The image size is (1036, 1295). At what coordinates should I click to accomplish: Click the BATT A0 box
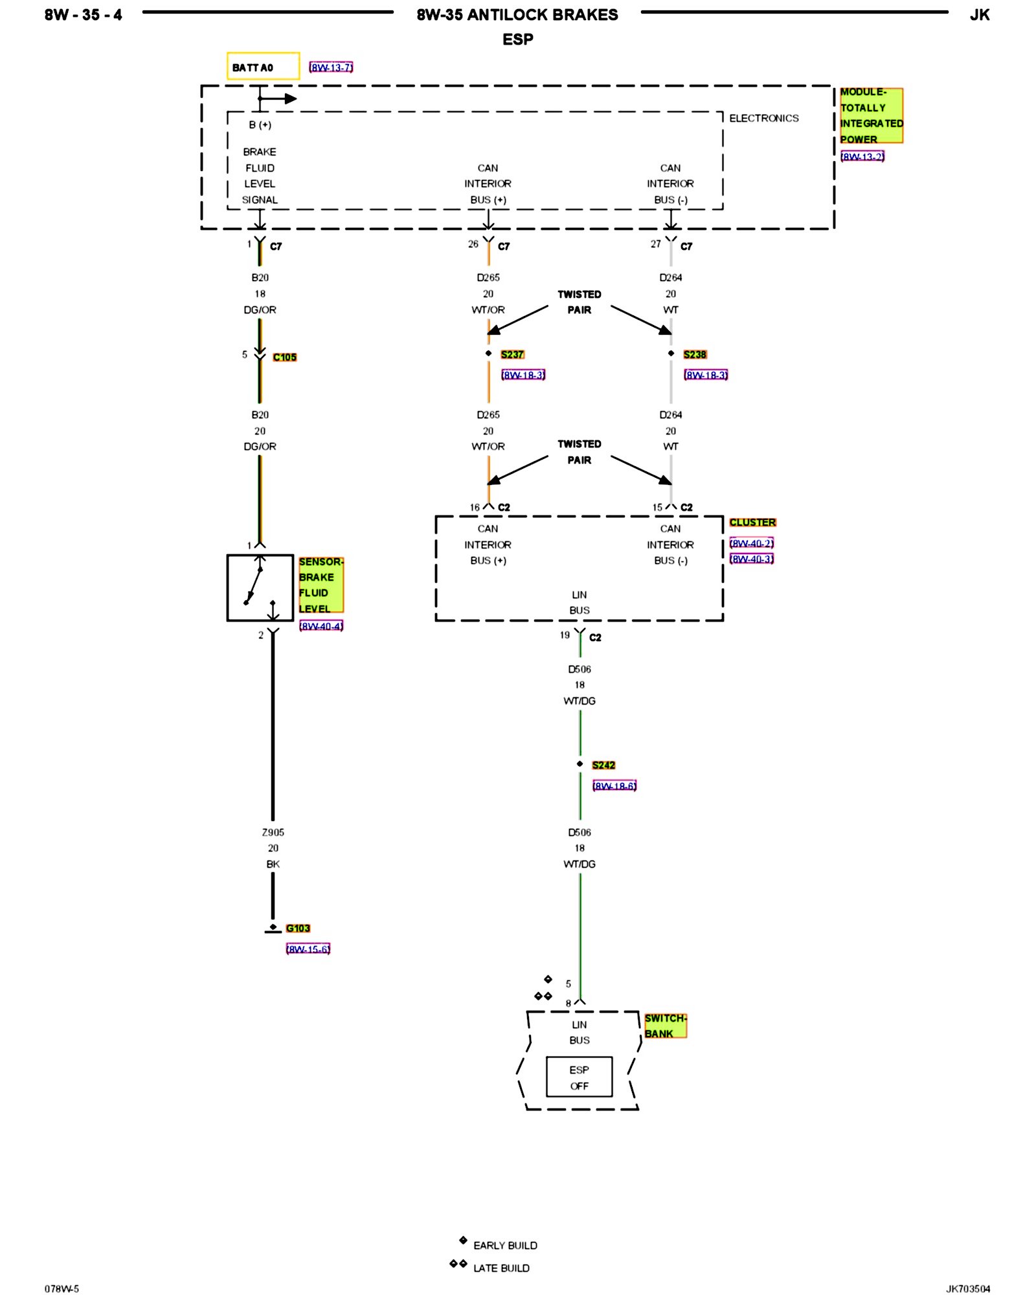pyautogui.click(x=263, y=67)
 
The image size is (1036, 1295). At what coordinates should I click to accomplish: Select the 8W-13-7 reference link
pyautogui.click(x=331, y=67)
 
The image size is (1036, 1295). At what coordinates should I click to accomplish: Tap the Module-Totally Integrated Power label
pyautogui.click(x=871, y=115)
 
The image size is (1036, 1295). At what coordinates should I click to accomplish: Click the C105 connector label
pyautogui.click(x=284, y=357)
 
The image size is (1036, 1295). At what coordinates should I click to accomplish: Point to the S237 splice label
pyautogui.click(x=512, y=354)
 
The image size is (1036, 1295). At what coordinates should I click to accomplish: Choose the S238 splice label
pyautogui.click(x=695, y=354)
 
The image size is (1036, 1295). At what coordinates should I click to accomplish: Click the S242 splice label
pyautogui.click(x=603, y=765)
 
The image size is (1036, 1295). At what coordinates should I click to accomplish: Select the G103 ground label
pyautogui.click(x=298, y=928)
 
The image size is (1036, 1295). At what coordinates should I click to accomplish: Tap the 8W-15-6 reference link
pyautogui.click(x=308, y=949)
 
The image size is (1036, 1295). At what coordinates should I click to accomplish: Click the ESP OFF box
pyautogui.click(x=579, y=1077)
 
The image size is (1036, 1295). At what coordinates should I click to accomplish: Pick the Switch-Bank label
pyautogui.click(x=665, y=1026)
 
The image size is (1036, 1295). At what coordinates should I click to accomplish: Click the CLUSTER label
pyautogui.click(x=752, y=523)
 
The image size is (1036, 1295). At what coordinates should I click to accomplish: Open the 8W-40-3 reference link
pyautogui.click(x=752, y=559)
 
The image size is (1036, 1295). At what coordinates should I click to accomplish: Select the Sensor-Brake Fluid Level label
pyautogui.click(x=321, y=585)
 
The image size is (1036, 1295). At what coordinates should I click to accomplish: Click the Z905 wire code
pyautogui.click(x=273, y=832)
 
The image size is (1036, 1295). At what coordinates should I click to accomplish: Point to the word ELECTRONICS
pyautogui.click(x=764, y=118)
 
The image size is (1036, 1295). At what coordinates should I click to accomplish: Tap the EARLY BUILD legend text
pyautogui.click(x=505, y=1245)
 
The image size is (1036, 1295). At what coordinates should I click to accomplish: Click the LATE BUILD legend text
pyautogui.click(x=501, y=1268)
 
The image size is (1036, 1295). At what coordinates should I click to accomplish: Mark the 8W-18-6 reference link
pyautogui.click(x=614, y=786)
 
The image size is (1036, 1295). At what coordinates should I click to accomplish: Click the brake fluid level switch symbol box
pyautogui.click(x=260, y=587)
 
